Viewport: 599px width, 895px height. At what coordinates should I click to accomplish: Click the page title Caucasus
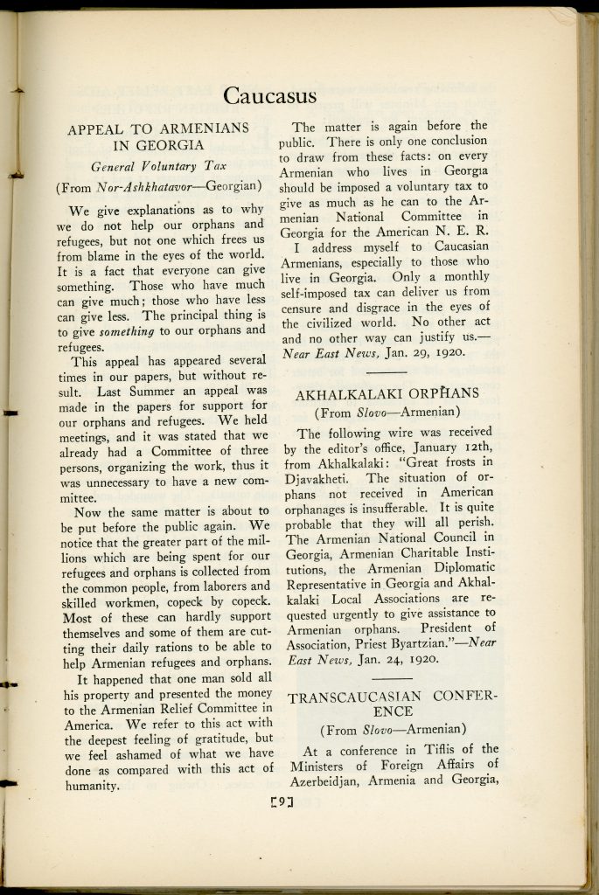(x=268, y=94)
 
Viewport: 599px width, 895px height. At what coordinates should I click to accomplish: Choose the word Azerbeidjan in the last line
(x=321, y=781)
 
